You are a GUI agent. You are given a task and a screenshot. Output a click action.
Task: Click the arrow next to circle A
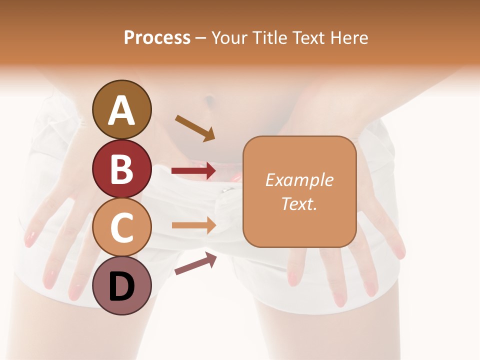195,128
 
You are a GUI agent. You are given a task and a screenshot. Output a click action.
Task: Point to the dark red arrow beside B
193,171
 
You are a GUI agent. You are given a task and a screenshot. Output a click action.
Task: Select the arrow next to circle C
194,225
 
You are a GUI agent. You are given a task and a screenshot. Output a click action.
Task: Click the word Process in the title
157,37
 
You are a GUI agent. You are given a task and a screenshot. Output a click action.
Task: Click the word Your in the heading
228,37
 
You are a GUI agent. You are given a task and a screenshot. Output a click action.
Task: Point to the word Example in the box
299,180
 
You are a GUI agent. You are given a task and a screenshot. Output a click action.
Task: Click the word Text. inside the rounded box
299,203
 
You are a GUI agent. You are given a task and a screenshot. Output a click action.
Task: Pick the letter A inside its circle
121,110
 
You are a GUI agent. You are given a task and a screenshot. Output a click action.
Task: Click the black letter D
121,286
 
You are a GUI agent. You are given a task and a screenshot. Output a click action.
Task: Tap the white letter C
121,227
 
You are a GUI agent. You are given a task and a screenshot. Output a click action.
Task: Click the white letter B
121,169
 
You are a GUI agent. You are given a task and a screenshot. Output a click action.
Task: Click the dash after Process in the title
200,38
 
